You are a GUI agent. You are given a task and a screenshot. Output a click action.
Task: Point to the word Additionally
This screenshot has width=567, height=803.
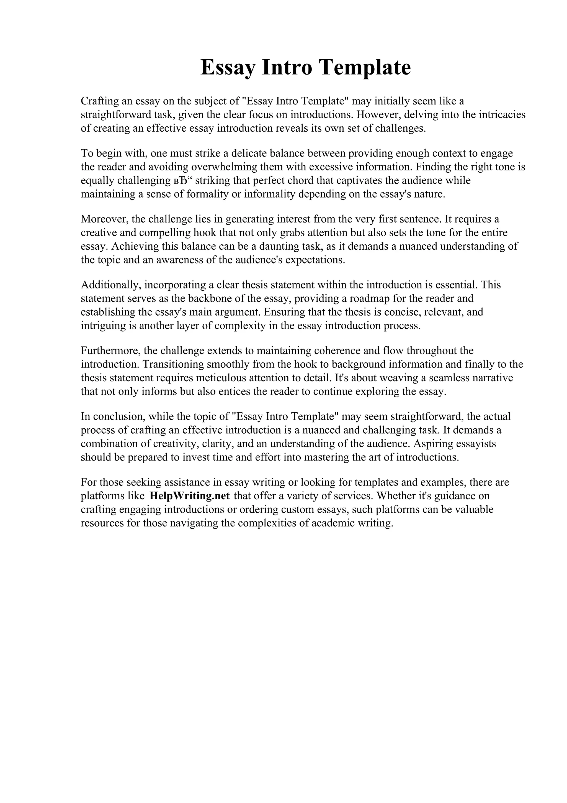coord(111,285)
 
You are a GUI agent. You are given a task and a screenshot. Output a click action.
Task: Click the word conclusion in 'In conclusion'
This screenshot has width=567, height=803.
coord(117,416)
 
